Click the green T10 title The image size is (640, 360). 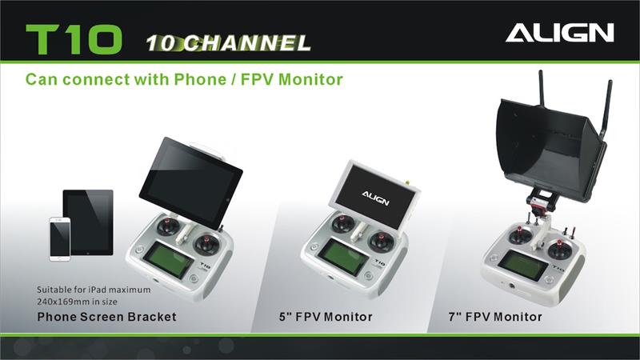74,39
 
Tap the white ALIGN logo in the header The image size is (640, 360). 559,33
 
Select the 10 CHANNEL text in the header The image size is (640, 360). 228,43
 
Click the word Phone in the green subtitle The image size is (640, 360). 200,79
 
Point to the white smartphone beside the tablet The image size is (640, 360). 60,239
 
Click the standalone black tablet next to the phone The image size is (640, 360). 88,222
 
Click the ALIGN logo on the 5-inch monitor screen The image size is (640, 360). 375,198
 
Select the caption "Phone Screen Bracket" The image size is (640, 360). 106,317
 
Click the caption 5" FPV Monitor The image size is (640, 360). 326,317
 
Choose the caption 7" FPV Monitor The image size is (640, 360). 495,317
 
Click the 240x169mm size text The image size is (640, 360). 77,302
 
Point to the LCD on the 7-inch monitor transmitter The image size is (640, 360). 523,265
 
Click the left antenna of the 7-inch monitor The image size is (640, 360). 542,89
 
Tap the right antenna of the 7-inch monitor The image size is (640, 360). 606,108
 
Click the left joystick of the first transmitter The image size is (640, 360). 167,226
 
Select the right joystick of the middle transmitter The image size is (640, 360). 381,241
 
